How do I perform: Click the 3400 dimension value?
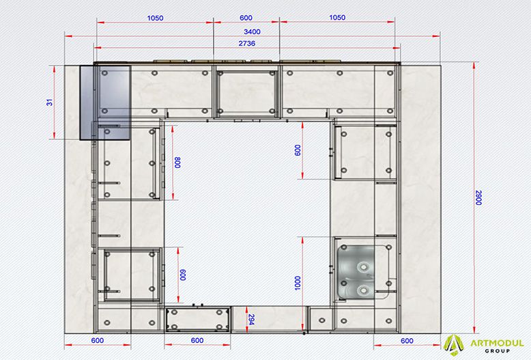[x=252, y=31]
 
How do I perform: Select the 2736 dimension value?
[x=247, y=44]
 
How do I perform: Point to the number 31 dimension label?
[x=50, y=102]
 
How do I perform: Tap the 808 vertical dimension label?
[x=177, y=163]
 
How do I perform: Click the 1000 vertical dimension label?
[x=298, y=283]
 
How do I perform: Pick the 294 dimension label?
[x=251, y=319]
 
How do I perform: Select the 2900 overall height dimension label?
[x=478, y=197]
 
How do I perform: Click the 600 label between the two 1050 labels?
[x=246, y=18]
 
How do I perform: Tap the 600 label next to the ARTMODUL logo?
[x=407, y=341]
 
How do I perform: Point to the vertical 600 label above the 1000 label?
[x=298, y=150]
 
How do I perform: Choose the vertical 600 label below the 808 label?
[x=183, y=275]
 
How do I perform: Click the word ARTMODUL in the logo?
[x=497, y=344]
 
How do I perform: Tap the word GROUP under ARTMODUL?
[x=497, y=351]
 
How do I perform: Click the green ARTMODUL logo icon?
[x=454, y=346]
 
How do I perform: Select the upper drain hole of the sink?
[x=363, y=267]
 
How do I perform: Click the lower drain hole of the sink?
[x=363, y=290]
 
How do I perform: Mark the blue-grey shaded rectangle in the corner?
[x=105, y=102]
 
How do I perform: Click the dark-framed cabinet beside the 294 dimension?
[x=197, y=319]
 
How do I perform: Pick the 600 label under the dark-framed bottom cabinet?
[x=197, y=340]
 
